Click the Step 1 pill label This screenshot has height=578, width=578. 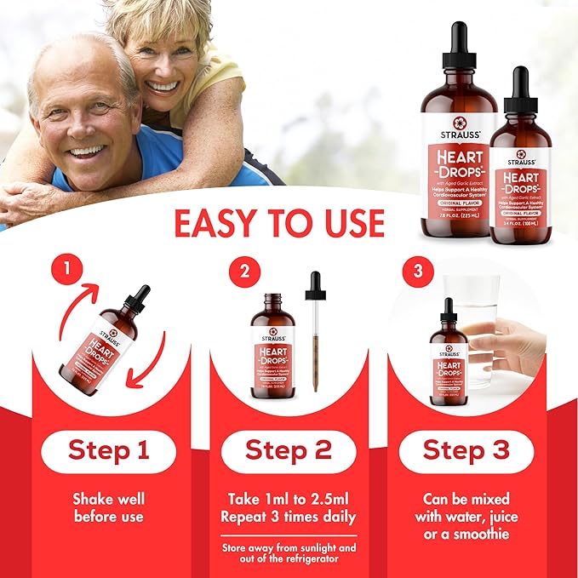pos(107,451)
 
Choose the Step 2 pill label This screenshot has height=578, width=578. pos(288,451)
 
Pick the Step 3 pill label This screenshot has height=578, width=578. pos(466,451)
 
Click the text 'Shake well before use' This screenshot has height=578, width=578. pos(107,507)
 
